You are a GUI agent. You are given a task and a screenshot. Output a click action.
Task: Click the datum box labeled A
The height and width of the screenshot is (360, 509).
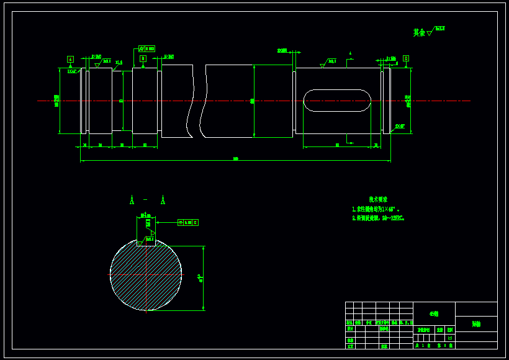[70, 59]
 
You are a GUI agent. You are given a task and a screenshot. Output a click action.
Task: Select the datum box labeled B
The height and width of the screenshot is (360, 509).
[143, 58]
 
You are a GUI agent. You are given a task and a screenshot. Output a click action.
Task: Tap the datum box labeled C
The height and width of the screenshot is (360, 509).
[406, 58]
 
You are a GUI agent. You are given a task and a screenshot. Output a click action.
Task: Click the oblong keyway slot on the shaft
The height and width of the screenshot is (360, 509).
[337, 101]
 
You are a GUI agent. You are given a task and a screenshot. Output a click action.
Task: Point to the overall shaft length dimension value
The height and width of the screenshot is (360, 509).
[235, 159]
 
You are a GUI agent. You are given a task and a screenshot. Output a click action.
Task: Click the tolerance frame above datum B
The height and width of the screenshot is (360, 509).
[147, 48]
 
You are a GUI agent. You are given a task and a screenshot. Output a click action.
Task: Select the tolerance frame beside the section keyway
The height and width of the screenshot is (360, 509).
[188, 222]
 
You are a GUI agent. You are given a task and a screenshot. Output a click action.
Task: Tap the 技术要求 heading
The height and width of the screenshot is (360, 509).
[378, 199]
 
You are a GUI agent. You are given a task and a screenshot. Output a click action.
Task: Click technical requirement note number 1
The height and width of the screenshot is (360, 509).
[376, 209]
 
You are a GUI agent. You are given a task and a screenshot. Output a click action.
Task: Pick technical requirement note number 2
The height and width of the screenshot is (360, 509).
[378, 218]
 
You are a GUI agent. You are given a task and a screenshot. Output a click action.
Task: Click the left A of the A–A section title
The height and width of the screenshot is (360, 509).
[132, 200]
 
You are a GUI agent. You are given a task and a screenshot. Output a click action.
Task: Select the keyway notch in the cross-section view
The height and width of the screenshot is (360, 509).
[146, 242]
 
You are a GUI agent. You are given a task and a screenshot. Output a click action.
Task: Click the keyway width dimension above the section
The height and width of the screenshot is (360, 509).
[146, 215]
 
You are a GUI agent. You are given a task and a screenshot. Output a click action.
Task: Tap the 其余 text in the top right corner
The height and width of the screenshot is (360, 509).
[419, 32]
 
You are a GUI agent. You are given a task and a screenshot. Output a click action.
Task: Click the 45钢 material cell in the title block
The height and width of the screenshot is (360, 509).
[433, 314]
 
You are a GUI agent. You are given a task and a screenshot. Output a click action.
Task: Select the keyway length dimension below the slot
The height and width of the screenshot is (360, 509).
[337, 145]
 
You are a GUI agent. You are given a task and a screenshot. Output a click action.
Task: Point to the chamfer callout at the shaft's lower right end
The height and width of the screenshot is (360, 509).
[399, 127]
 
